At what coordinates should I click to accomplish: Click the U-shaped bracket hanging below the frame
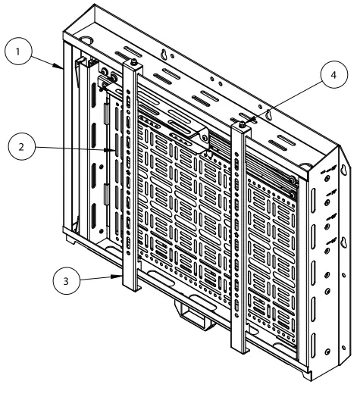[195, 311]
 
